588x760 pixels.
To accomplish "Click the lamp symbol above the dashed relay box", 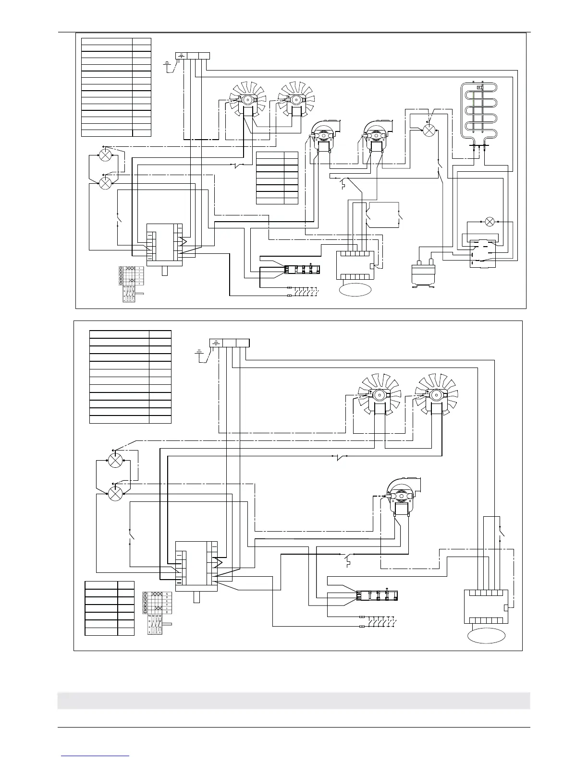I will pos(490,222).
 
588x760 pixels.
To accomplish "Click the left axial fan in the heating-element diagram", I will pos(248,100).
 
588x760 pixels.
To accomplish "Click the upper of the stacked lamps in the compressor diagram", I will pos(105,154).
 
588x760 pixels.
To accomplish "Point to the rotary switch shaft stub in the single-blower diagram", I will pos(196,597).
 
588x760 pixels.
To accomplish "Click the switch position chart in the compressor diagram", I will pos(129,283).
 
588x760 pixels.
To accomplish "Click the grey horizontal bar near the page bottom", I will pos(294,701).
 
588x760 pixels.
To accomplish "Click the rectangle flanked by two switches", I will pos(382,215).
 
